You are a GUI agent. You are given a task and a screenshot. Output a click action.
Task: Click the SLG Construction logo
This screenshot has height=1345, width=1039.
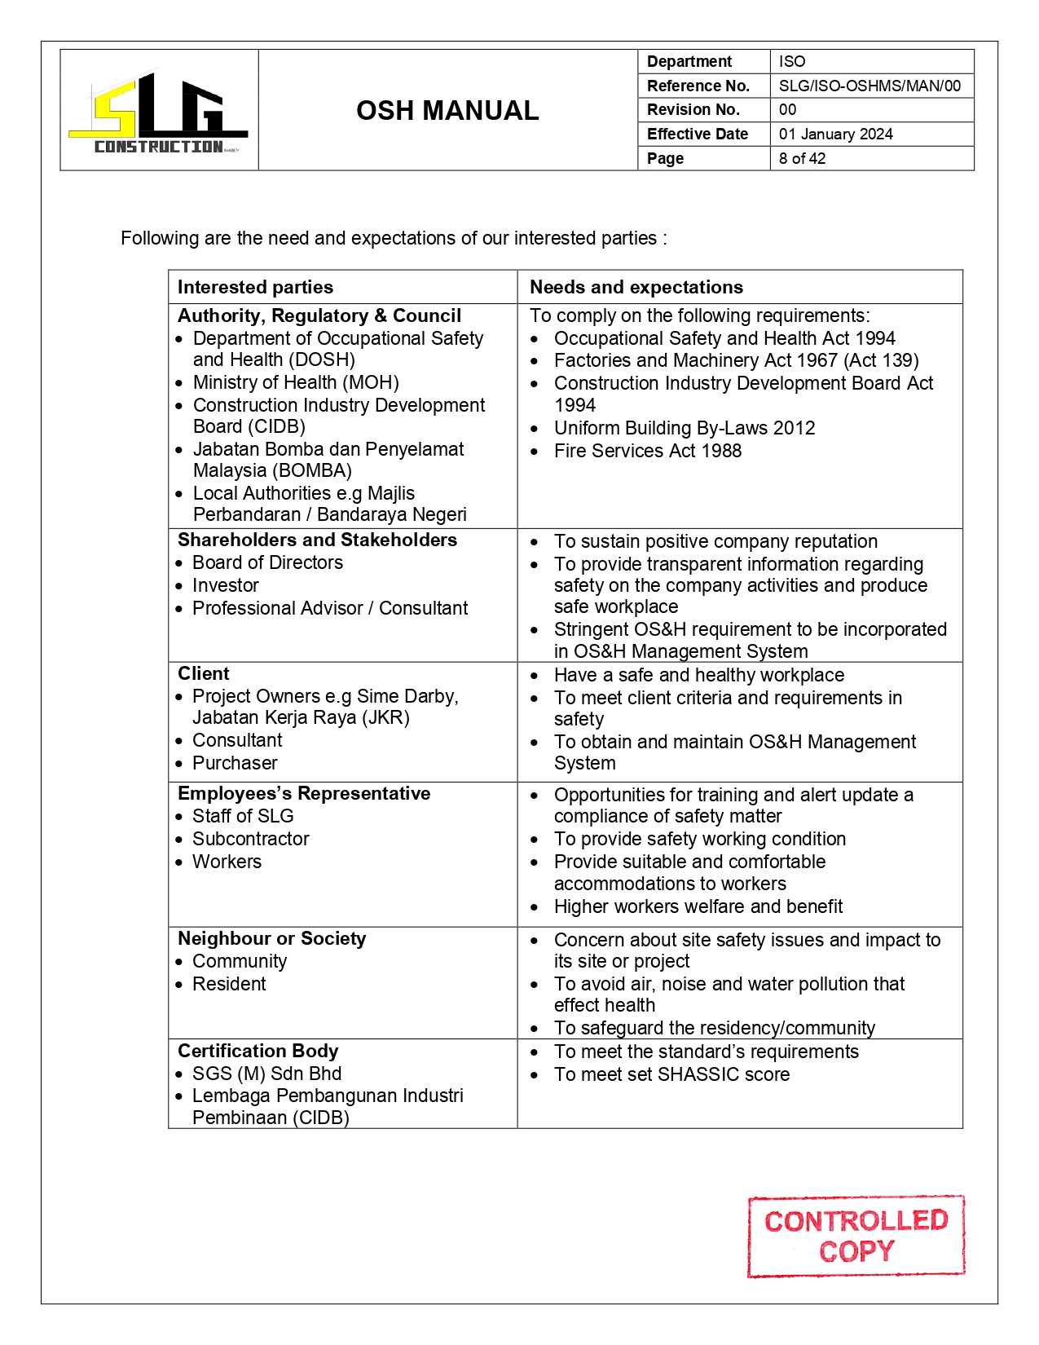click(158, 112)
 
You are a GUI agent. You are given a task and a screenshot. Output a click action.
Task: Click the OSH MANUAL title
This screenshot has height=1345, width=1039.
click(447, 111)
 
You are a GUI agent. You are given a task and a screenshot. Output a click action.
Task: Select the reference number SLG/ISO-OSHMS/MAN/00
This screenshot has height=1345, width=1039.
click(870, 86)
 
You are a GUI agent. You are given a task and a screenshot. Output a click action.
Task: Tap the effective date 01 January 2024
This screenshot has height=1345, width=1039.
click(835, 134)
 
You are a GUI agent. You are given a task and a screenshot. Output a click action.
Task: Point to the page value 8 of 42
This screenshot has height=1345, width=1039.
click(802, 158)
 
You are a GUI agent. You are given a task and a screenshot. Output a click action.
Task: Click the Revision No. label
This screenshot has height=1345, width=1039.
click(693, 109)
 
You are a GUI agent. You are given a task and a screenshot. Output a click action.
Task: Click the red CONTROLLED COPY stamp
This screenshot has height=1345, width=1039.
click(856, 1236)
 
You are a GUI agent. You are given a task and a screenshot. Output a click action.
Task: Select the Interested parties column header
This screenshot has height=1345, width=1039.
click(255, 287)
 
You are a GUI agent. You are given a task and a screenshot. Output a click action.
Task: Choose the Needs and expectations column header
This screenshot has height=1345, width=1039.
click(636, 287)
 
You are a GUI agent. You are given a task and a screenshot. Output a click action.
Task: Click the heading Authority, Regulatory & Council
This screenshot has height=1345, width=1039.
click(319, 315)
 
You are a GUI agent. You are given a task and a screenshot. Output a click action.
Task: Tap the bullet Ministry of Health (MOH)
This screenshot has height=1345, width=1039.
click(296, 382)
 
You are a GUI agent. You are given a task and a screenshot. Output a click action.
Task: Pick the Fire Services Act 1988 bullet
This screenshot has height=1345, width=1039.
click(647, 451)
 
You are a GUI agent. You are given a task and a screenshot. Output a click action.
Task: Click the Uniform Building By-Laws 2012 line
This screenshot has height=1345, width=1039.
click(684, 428)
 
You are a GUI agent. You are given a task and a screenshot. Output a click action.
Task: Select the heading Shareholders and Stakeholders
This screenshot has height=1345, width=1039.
click(317, 540)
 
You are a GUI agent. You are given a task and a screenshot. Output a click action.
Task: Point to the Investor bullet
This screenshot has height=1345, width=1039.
click(225, 585)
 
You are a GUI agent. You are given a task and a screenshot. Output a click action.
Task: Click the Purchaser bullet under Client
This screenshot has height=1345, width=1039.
click(235, 763)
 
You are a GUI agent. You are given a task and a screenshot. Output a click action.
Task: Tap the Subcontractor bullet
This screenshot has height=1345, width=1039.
click(250, 839)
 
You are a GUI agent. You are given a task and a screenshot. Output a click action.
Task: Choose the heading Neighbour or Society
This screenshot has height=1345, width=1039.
click(271, 938)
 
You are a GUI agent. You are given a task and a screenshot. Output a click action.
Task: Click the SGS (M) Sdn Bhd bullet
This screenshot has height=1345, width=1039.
click(266, 1074)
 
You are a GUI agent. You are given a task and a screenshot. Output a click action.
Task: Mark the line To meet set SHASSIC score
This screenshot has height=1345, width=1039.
click(671, 1074)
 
